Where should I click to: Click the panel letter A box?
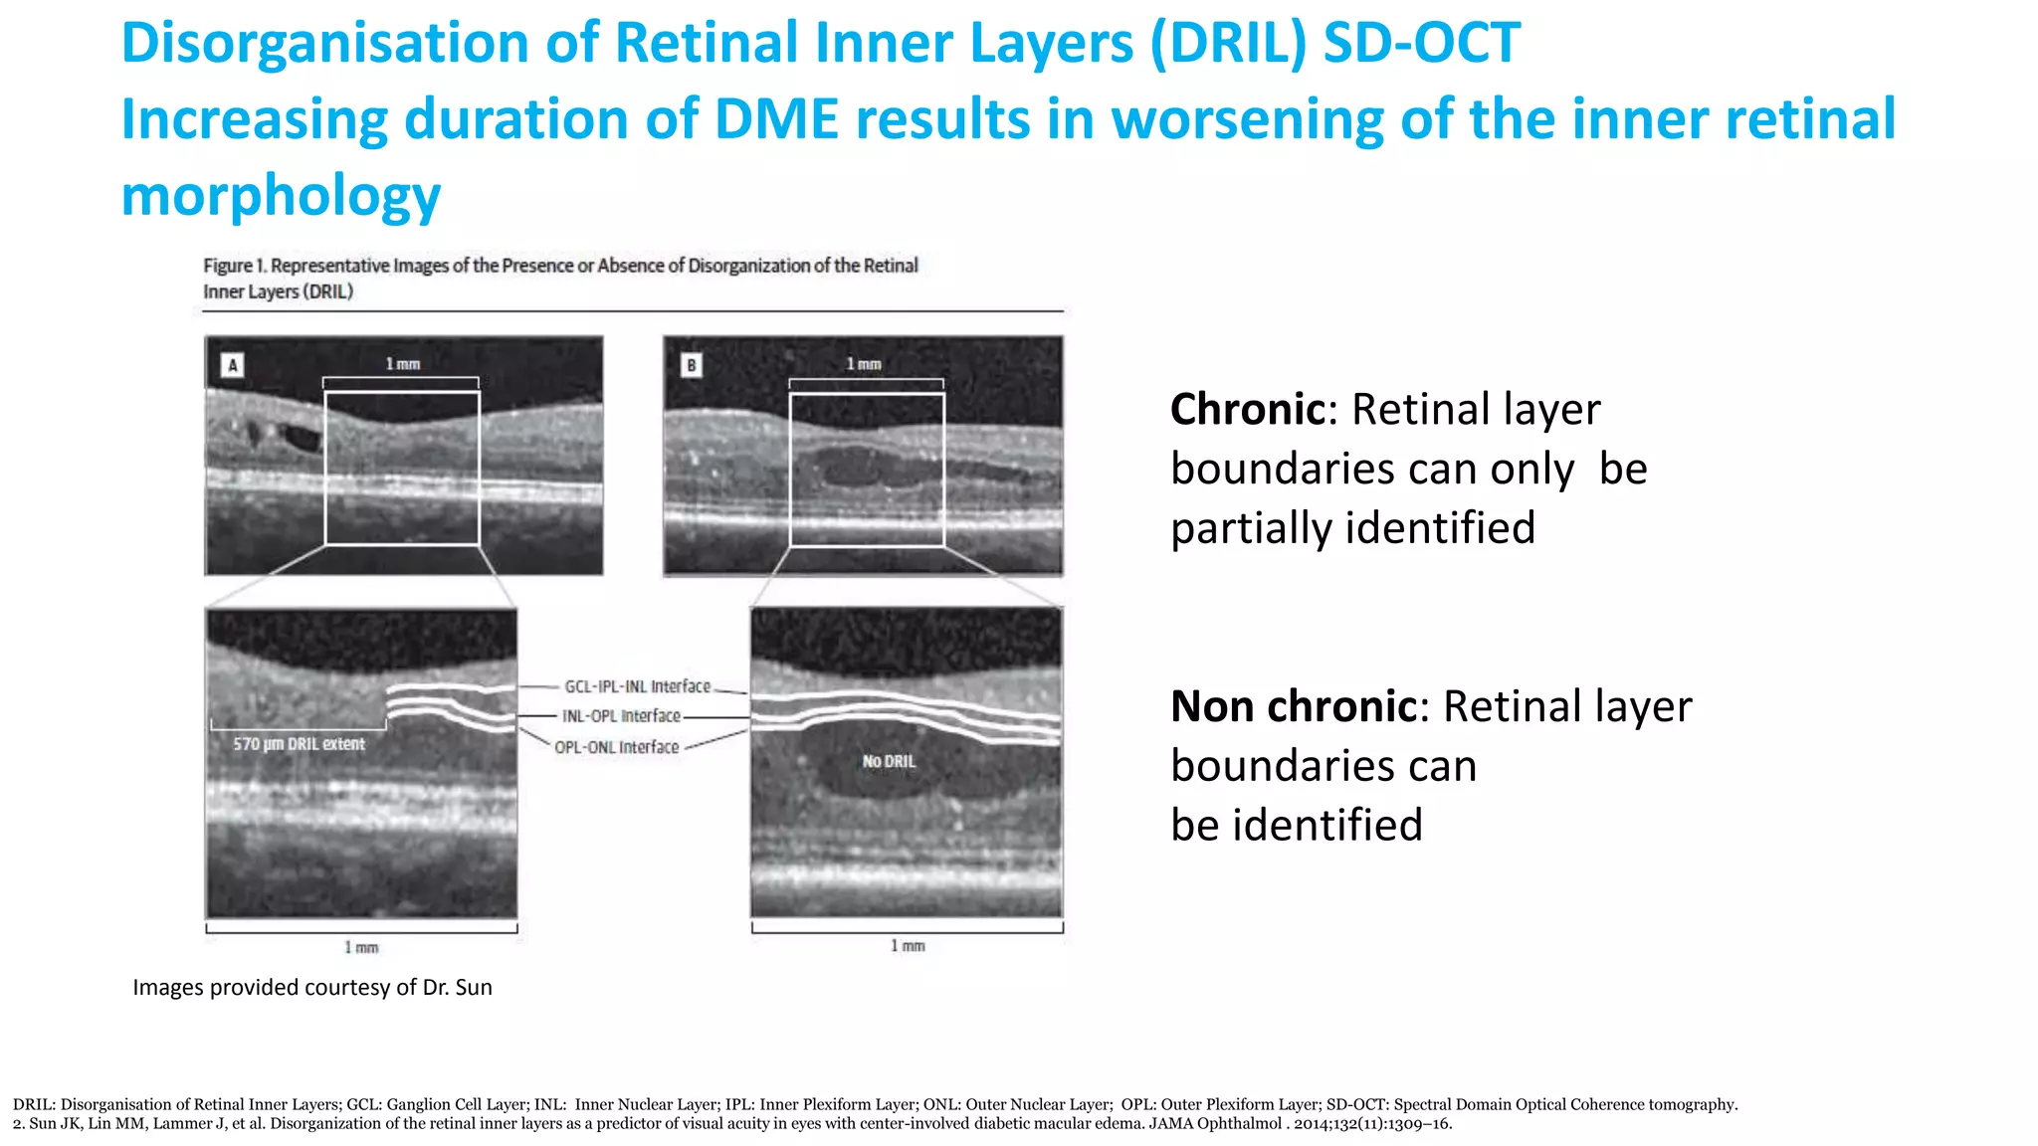(233, 365)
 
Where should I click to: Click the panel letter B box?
(691, 365)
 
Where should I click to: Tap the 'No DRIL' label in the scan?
(889, 761)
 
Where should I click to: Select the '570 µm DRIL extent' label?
(299, 744)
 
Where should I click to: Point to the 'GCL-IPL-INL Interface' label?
(637, 686)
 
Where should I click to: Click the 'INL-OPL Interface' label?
(621, 716)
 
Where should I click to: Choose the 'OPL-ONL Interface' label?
(616, 747)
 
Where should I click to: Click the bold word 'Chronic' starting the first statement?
(1247, 409)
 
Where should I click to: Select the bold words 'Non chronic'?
(1293, 706)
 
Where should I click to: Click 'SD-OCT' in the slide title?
(1421, 44)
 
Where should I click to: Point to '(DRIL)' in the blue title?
(1227, 44)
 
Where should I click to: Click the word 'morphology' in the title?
(281, 195)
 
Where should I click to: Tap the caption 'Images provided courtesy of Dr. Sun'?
(312, 987)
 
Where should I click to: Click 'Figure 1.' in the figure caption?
(235, 266)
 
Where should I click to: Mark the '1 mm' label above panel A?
(403, 364)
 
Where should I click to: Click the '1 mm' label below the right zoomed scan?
(908, 946)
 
